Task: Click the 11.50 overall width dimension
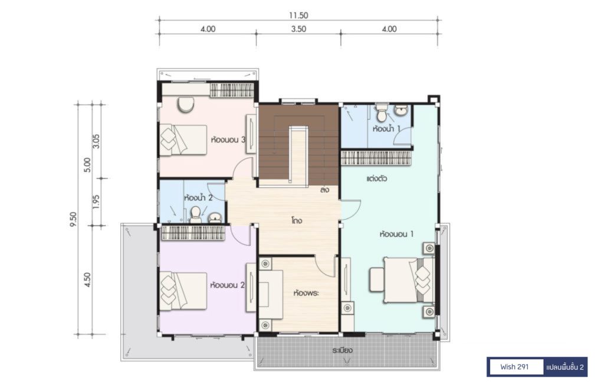click(298, 15)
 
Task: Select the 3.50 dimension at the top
click(298, 29)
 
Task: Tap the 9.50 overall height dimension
click(74, 219)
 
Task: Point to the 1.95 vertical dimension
click(96, 201)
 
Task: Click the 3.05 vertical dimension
click(96, 141)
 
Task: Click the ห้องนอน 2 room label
click(227, 285)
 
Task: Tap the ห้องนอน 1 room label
click(396, 234)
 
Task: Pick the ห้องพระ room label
click(306, 293)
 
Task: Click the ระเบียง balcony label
click(343, 350)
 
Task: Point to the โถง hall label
click(297, 221)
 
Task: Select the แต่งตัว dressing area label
click(376, 179)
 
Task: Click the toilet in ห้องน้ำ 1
click(382, 112)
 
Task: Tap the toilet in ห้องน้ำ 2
click(196, 215)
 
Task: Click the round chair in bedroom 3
click(186, 104)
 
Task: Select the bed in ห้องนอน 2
click(183, 291)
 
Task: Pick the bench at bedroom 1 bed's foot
click(377, 279)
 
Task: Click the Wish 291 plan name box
click(514, 367)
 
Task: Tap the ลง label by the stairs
click(324, 190)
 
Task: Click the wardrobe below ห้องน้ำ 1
click(376, 158)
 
